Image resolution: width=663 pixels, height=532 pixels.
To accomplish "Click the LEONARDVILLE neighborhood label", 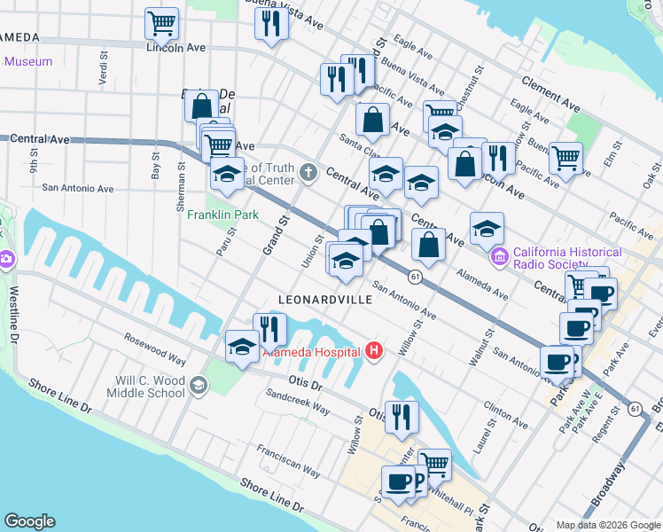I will pos(324,300).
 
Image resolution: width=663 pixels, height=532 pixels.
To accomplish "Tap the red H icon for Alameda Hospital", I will pos(374,352).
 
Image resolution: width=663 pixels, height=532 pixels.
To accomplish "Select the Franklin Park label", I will pos(222,215).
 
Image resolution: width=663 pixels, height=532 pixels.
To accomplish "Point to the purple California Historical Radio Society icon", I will pos(500,257).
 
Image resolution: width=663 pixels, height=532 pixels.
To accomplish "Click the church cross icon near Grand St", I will pos(308,171).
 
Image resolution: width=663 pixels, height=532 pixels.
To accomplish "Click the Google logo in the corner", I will pos(29,521).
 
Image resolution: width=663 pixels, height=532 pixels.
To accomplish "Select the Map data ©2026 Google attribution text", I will pos(607,525).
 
